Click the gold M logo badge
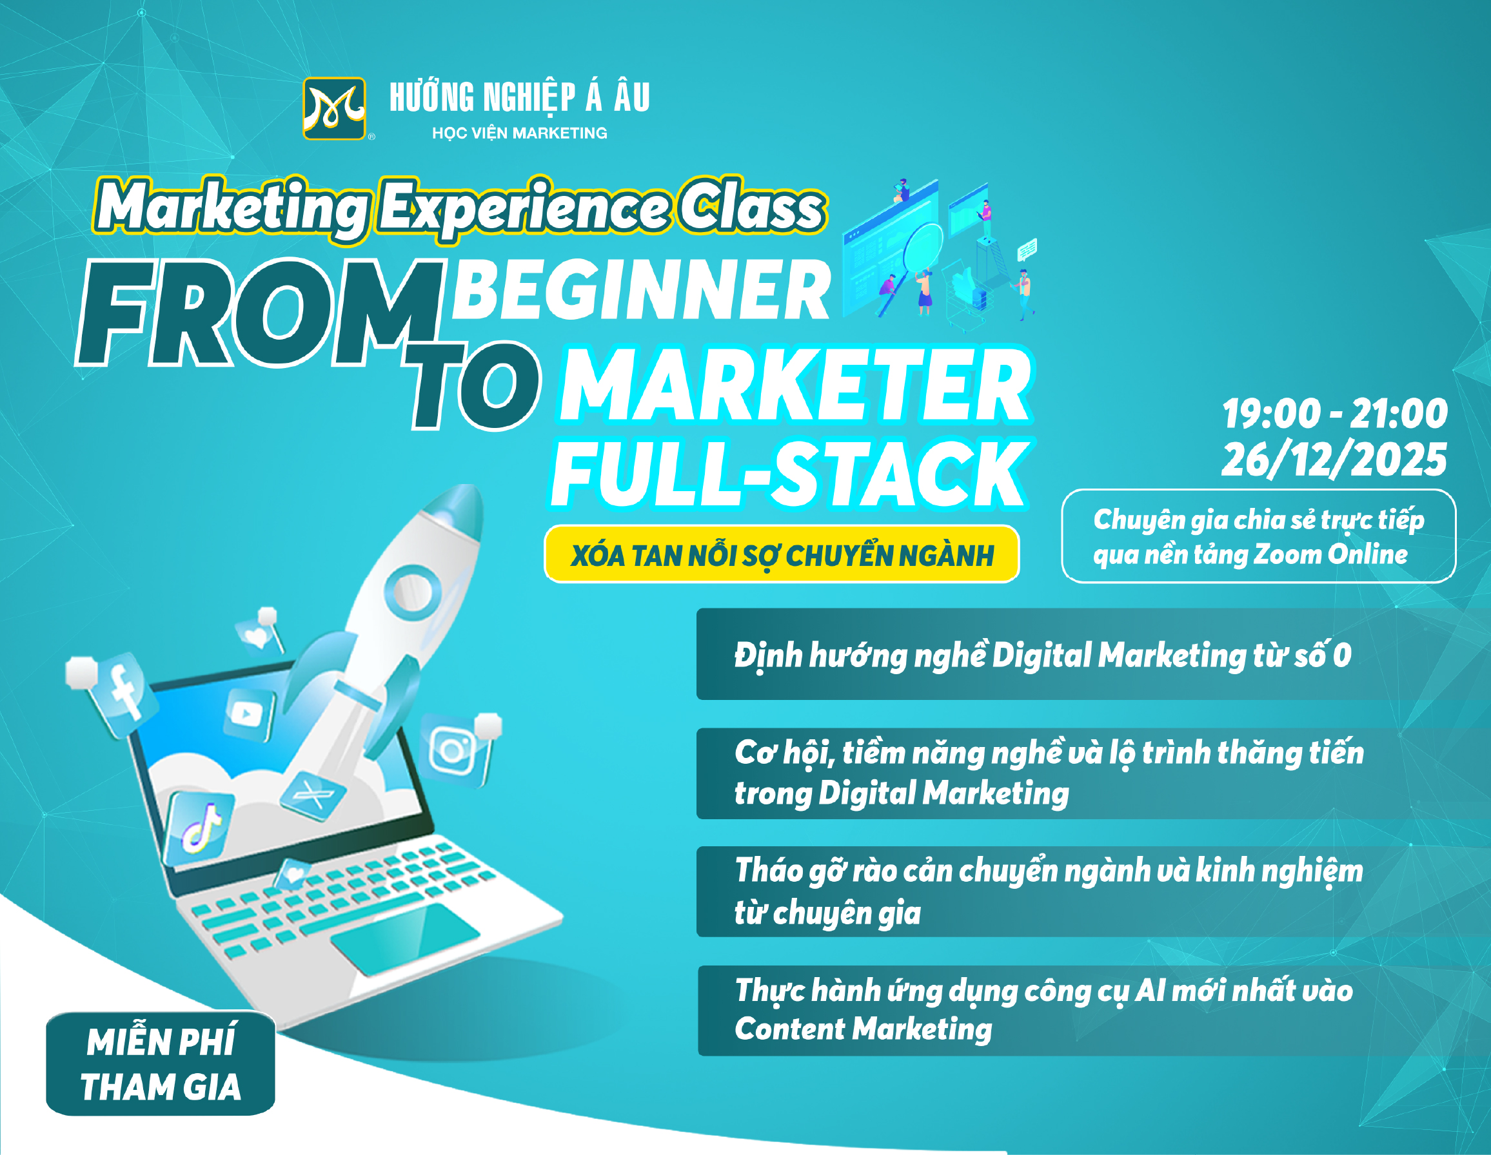coord(335,108)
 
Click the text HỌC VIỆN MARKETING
coord(520,133)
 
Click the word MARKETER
coord(796,385)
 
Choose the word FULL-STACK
coord(790,474)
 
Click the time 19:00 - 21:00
coord(1335,413)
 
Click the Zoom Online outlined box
coord(1259,536)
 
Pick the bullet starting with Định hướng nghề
coord(1042,655)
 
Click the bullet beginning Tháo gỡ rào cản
coord(1049,891)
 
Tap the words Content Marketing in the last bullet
coord(863,1029)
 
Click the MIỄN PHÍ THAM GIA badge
coord(161,1063)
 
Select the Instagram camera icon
coord(454,750)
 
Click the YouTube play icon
coord(248,714)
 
